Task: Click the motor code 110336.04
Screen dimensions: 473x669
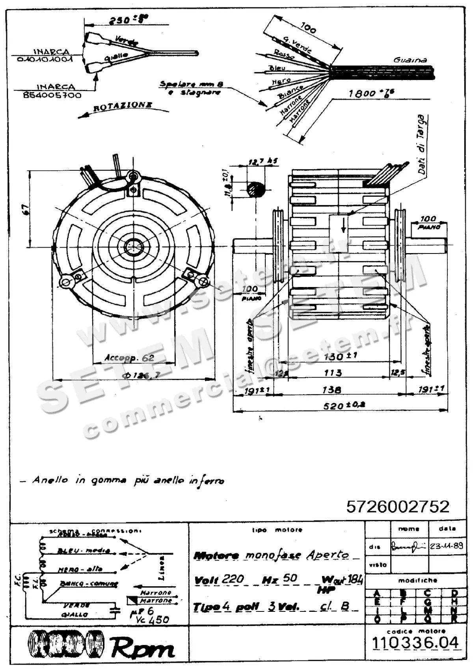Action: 416,643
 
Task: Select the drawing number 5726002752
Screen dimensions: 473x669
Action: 398,507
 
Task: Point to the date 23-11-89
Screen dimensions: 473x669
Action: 447,547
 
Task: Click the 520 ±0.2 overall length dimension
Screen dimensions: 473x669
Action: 339,405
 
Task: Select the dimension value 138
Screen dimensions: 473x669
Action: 331,389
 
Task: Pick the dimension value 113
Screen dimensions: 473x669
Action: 333,373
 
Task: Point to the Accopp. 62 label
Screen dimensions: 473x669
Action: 129,358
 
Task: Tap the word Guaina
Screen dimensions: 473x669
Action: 410,60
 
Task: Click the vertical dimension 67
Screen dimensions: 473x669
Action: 24,209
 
